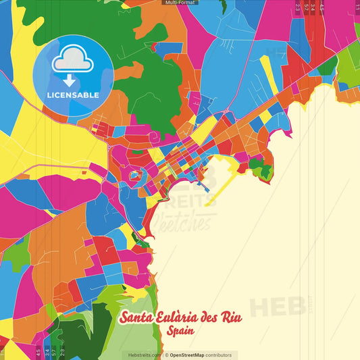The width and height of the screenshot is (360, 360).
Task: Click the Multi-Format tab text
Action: coord(180,3)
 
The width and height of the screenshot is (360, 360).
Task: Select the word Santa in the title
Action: coord(137,318)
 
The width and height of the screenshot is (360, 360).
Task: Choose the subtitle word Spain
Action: coord(179,332)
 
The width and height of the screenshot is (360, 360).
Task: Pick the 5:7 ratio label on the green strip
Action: coord(54,351)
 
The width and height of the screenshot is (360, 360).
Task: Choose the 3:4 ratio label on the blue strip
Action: coord(313,8)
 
